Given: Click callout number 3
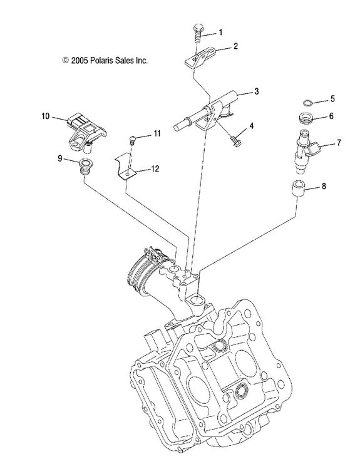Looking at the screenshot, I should click(x=256, y=92).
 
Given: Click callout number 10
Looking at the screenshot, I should click(x=45, y=116).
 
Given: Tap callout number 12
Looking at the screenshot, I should click(x=155, y=168).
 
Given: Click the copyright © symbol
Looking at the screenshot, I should click(x=65, y=61).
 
